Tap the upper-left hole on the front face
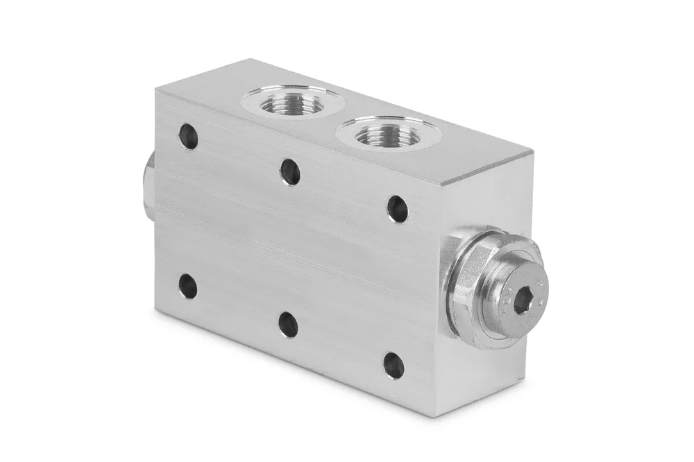point(188,137)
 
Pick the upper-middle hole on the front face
point(290,171)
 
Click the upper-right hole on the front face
point(397,208)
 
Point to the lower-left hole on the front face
point(187,286)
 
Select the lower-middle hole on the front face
point(288,324)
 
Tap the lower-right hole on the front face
point(393,365)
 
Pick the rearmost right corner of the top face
point(534,150)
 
